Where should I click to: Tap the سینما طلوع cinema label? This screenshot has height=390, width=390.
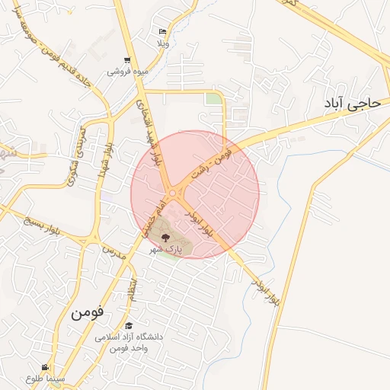click(45, 378)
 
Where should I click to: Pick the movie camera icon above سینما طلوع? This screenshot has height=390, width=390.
click(45, 367)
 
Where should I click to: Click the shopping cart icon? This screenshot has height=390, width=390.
click(126, 60)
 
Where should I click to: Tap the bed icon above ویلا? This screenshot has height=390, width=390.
click(161, 31)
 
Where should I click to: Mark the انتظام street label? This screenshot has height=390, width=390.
click(133, 289)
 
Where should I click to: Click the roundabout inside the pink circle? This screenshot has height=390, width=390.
click(174, 193)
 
